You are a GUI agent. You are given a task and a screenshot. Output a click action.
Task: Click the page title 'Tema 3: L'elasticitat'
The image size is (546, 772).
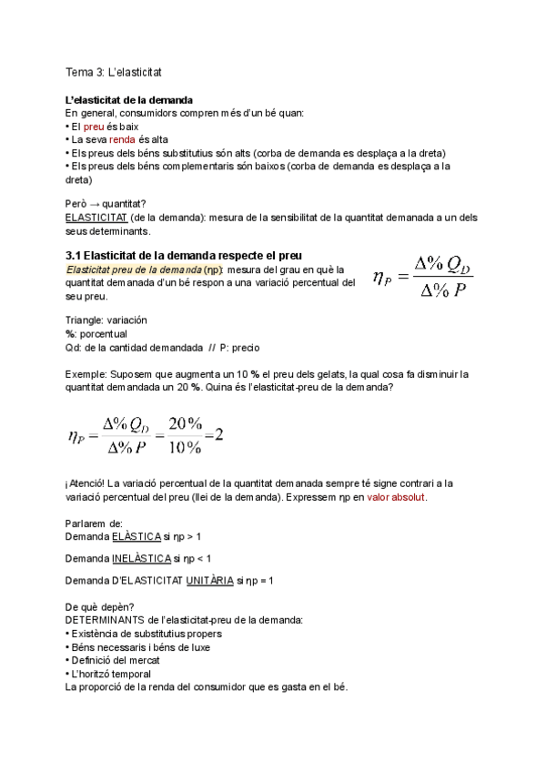click(113, 71)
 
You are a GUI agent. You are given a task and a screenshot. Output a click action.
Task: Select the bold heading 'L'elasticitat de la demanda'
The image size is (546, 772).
click(128, 99)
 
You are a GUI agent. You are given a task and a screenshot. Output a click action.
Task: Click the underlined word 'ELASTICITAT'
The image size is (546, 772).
click(96, 219)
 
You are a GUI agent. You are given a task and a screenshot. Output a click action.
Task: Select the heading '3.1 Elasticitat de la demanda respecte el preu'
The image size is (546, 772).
click(184, 254)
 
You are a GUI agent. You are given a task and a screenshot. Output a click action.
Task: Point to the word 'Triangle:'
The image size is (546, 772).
click(85, 320)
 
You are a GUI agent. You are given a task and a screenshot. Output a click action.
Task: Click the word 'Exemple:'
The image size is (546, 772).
click(86, 373)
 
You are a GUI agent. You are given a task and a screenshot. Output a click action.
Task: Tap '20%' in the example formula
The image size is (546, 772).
click(187, 424)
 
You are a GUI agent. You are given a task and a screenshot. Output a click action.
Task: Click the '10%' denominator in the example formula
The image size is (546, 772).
click(187, 446)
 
